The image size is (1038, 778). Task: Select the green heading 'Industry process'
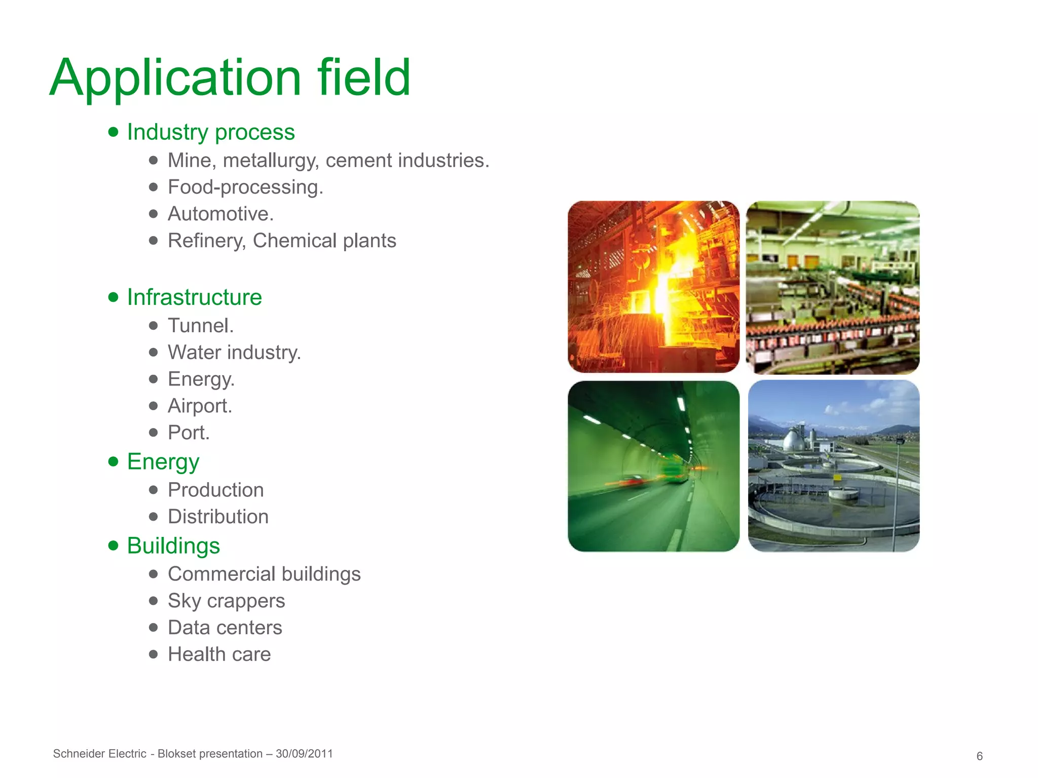210,132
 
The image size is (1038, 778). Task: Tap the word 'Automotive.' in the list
220,214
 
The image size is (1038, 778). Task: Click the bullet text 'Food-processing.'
245,187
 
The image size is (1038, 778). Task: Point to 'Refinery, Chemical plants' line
282,241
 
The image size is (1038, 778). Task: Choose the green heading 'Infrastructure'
194,297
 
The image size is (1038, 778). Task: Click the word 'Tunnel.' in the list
201,326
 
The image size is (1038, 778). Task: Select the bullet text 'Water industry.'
234,353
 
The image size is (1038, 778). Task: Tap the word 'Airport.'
200,406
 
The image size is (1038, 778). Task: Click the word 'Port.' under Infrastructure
189,433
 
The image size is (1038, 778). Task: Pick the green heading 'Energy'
163,461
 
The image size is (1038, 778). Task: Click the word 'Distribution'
218,517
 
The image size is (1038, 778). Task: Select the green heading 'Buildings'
173,546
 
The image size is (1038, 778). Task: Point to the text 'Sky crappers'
226,601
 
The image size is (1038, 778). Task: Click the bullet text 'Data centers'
225,628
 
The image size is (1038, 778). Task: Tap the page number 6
979,756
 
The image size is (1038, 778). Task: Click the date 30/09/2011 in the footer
304,754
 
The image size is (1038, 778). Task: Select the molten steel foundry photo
653,287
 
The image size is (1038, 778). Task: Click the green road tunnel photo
653,466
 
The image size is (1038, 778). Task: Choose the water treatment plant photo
833,466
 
